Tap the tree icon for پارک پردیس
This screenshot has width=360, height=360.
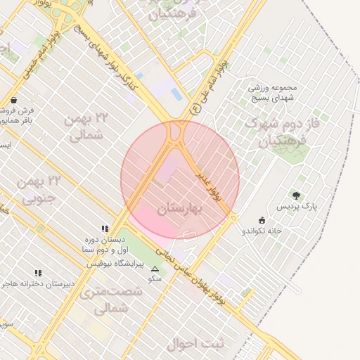click(296, 195)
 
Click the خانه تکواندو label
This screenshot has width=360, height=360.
click(262, 231)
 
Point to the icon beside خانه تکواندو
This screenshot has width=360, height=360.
click(262, 220)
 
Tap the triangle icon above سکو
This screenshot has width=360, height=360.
click(155, 269)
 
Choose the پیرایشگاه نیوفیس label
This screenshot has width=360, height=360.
click(115, 264)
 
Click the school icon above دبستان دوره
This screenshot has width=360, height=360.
click(105, 229)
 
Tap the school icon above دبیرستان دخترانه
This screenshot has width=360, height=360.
click(38, 273)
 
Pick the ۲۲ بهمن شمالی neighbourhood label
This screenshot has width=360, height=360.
click(87, 127)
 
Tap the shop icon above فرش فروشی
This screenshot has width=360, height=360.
click(15, 101)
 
